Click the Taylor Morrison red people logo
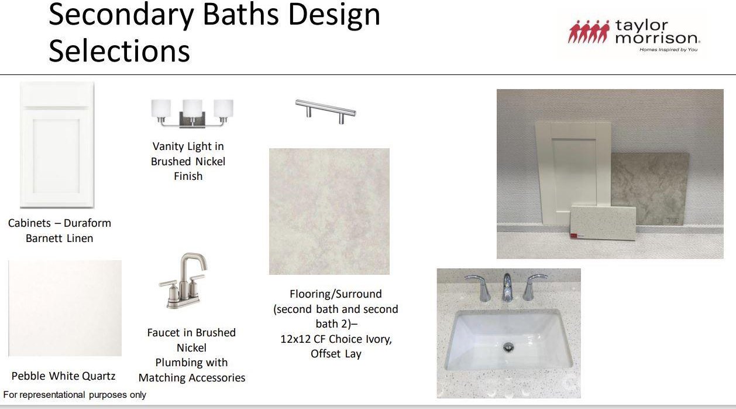coord(589,32)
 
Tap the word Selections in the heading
coord(119,50)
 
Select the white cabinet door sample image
coord(57,145)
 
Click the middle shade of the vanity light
coord(192,108)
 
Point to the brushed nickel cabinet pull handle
coord(325,111)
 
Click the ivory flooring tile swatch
coord(329,212)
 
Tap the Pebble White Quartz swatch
coord(65,308)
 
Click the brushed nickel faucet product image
coord(183,281)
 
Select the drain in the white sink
coord(508,346)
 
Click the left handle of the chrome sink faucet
coord(479,287)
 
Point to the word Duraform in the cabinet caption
coord(87,223)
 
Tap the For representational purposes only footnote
coord(74,394)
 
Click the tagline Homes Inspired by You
coord(668,50)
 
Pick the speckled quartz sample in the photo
coord(603,222)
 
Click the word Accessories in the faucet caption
coord(218,378)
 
